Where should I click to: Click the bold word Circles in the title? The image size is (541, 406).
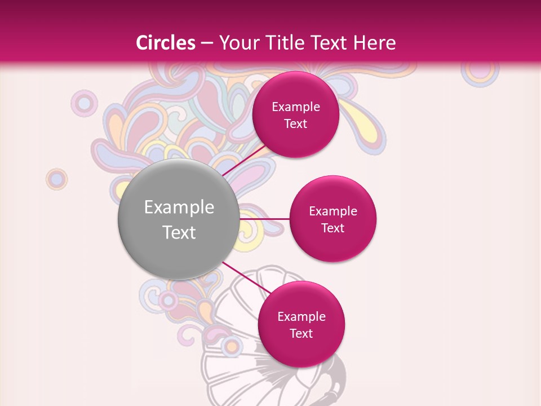pos(166,43)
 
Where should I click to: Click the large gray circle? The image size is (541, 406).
pos(179,219)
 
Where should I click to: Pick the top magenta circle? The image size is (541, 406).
pos(295,114)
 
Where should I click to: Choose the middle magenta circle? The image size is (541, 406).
pos(332,219)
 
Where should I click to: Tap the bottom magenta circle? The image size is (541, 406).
pos(301,324)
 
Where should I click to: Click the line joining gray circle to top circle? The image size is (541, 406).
pos(243,160)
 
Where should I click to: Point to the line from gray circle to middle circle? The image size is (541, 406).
pos(264,219)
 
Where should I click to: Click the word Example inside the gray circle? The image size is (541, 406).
pos(179,208)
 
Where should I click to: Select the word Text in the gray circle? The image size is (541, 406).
pos(179,232)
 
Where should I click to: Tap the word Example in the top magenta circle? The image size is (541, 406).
pos(295,107)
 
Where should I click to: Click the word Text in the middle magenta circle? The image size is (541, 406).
pos(332,228)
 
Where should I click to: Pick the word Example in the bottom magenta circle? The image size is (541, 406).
pos(301,316)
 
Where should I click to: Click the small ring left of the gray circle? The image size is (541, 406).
pos(56,179)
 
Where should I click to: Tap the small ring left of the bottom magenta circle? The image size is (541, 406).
pos(231,346)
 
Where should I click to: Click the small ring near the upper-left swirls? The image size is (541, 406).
pos(85,103)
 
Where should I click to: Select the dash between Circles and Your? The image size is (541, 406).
pos(207,43)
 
